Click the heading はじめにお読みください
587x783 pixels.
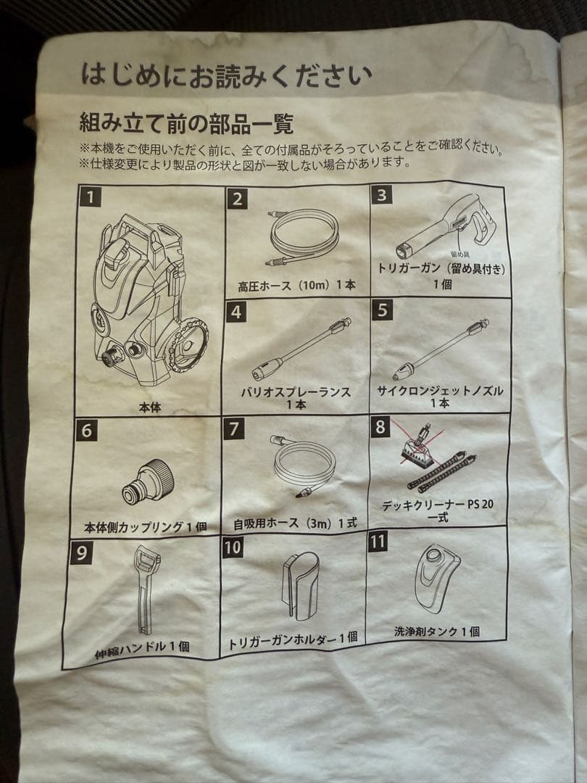pos(226,75)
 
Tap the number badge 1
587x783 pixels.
pos(91,196)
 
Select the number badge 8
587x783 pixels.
pos(380,426)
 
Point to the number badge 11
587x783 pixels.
pos(378,542)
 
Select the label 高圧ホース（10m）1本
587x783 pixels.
pos(296,286)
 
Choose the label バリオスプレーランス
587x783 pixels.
pos(296,391)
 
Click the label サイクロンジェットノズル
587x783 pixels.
pos(439,391)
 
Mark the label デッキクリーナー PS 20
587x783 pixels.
pos(441,505)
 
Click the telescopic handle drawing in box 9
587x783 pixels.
pos(147,588)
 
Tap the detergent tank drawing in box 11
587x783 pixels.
pos(437,578)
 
